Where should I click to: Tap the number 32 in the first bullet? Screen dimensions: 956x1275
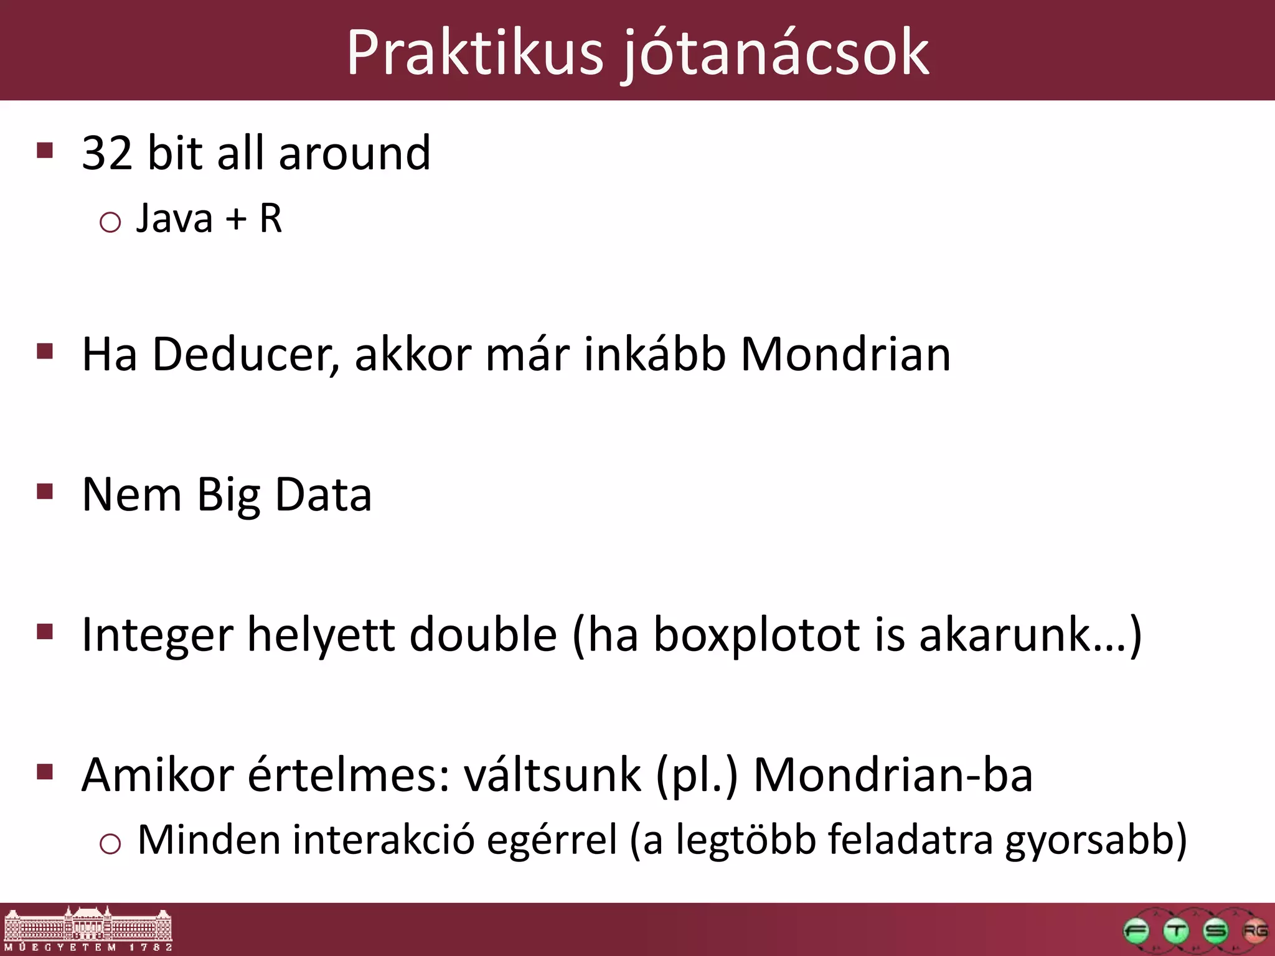pos(107,153)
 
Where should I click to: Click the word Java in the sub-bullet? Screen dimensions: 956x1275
pos(174,219)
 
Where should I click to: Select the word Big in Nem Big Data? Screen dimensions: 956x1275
pos(228,495)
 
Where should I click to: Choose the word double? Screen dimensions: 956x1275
pos(483,635)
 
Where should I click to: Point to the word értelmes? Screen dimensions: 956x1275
pos(349,776)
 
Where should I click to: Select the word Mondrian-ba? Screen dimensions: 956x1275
pos(893,776)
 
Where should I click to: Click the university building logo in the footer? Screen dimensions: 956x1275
pos(88,929)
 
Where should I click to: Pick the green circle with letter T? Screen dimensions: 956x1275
pos(1175,932)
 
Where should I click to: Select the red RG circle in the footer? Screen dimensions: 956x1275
pos(1254,932)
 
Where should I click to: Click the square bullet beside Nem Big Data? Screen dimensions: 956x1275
pos(45,492)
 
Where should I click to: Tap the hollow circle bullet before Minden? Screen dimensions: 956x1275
pos(110,845)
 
